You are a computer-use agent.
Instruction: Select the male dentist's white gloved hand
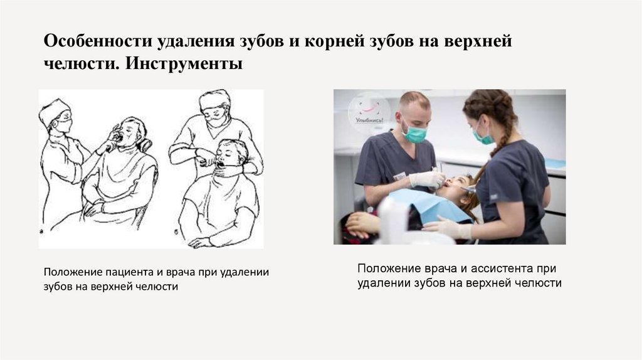pos(427,180)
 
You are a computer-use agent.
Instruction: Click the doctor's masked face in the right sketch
pos(215,115)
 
